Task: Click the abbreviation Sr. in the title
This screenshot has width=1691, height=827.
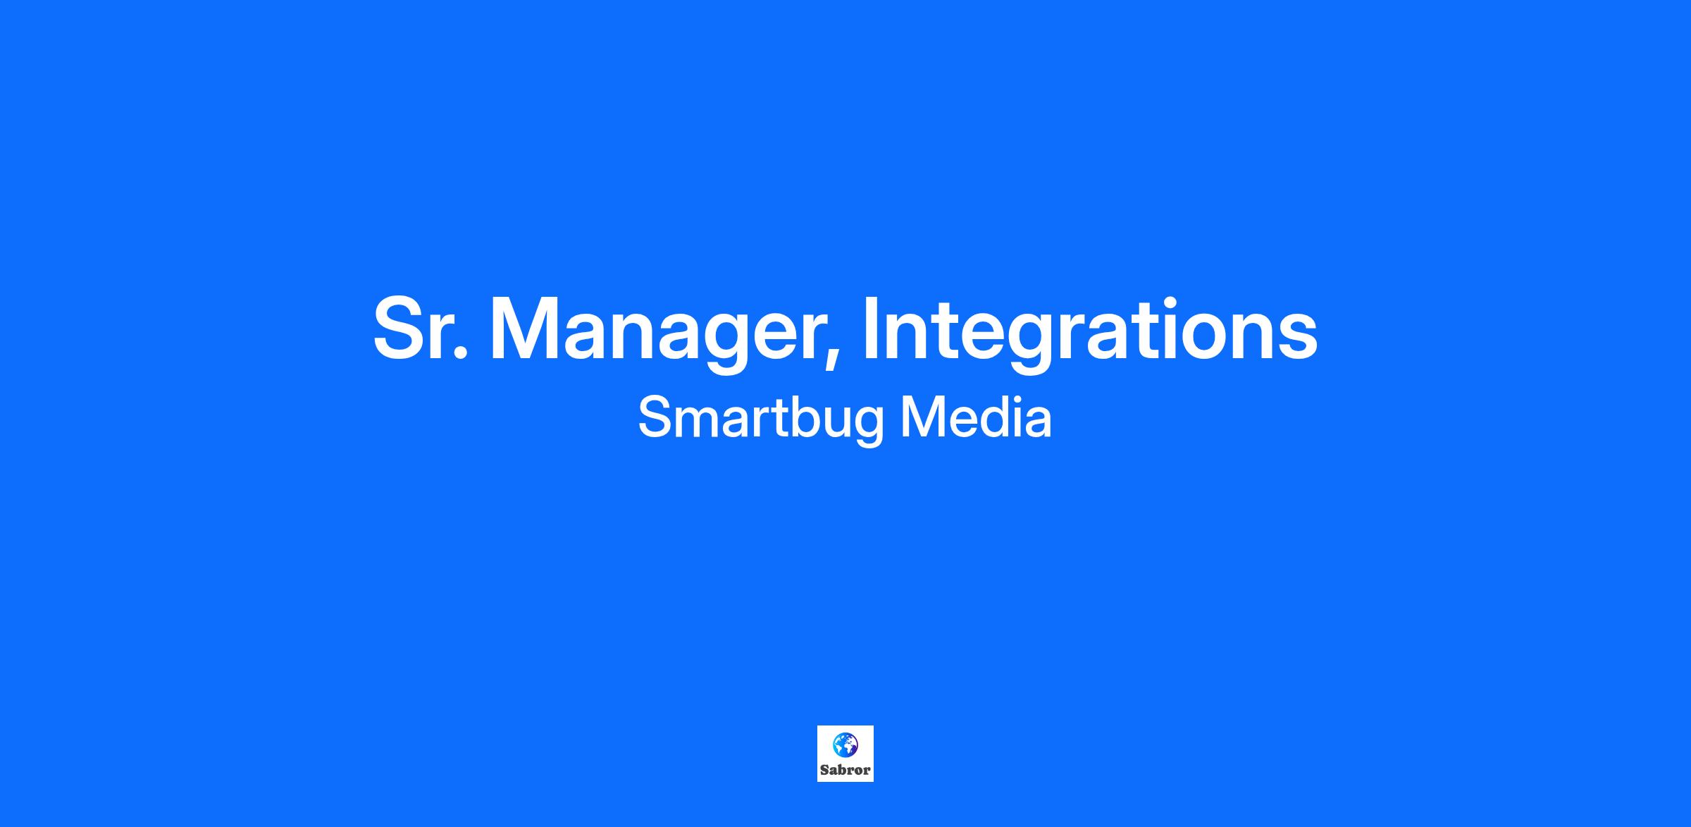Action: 420,329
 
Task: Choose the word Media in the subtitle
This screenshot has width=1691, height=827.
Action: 977,417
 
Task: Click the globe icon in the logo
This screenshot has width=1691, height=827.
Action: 845,744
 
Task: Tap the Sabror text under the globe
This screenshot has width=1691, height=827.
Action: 845,770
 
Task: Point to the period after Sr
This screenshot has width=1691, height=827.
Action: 460,353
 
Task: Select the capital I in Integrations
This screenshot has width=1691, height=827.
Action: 872,329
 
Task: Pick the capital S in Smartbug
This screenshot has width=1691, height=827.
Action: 655,417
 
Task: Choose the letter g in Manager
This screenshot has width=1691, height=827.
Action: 726,343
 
